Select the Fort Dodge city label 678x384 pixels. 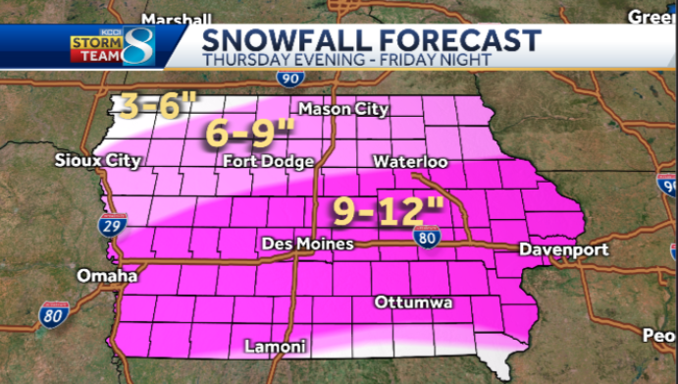(269, 161)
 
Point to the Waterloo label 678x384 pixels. (410, 161)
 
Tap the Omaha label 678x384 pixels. (106, 276)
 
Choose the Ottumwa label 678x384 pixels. (413, 302)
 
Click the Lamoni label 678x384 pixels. (276, 347)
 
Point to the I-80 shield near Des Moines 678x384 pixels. (425, 236)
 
